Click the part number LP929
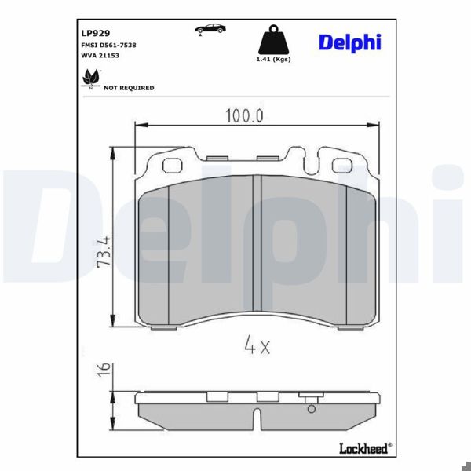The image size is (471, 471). (x=96, y=34)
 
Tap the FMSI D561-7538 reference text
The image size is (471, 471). (x=108, y=45)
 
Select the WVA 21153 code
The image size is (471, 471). (x=99, y=56)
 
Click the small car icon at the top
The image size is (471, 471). (x=210, y=29)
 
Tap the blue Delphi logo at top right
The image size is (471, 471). (x=349, y=42)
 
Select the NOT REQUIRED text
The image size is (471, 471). (x=129, y=88)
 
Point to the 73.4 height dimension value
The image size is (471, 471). (x=103, y=251)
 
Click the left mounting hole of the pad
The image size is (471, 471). (x=171, y=165)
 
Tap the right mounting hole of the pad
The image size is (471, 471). (x=342, y=165)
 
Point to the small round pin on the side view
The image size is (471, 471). (x=311, y=407)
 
